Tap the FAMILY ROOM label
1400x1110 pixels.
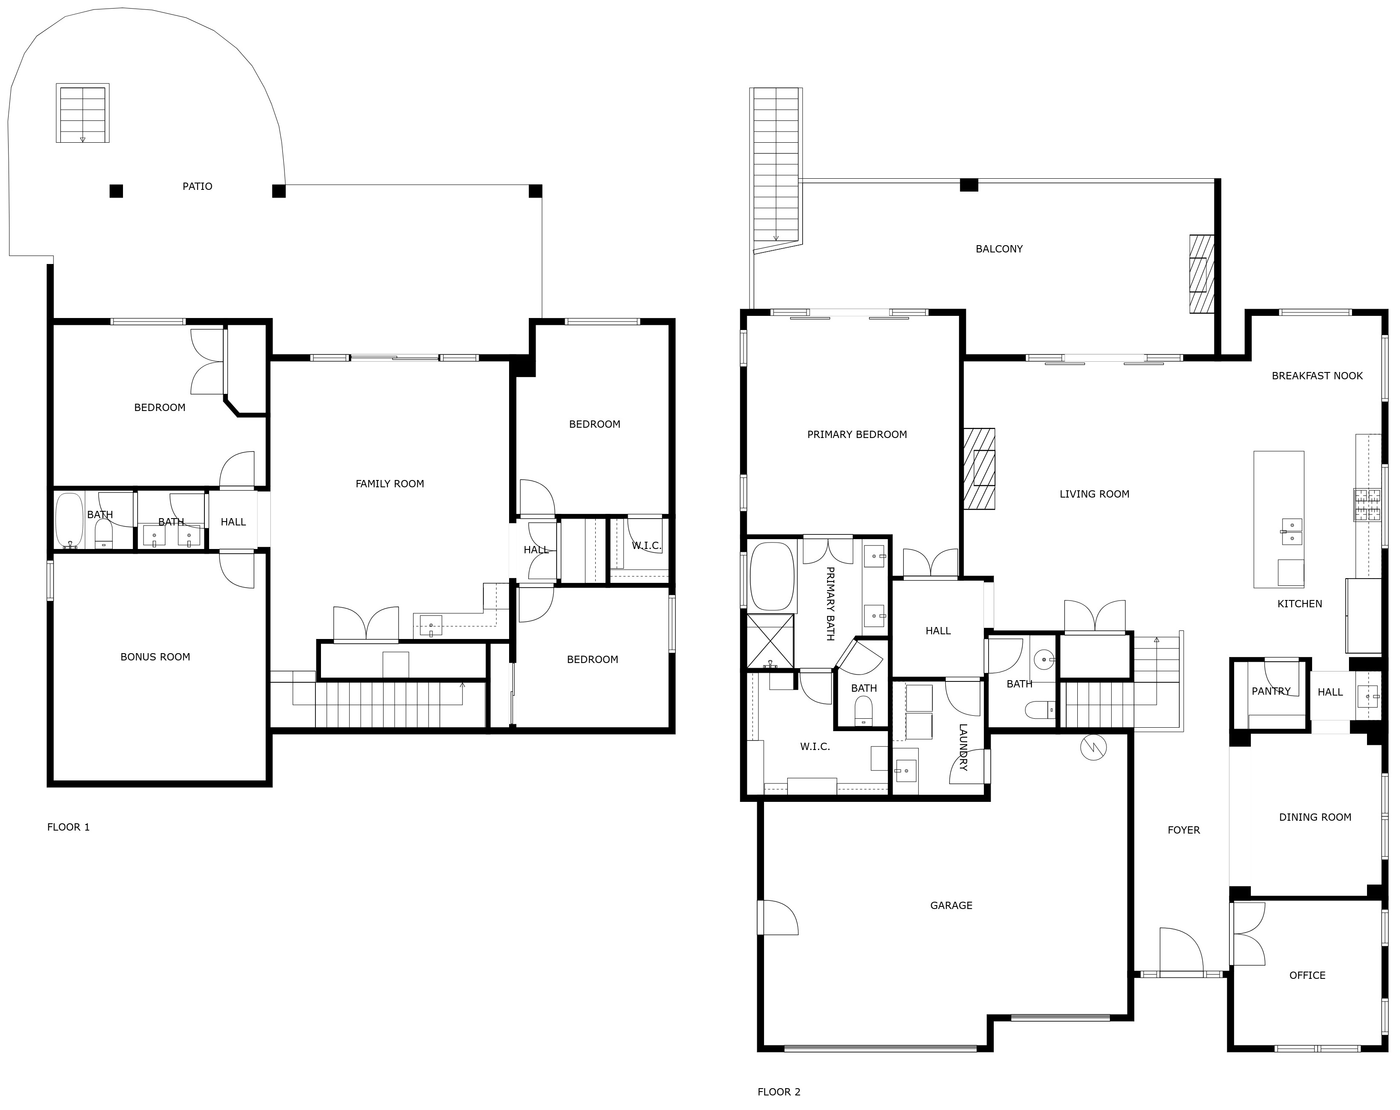click(390, 484)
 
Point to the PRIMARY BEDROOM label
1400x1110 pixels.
click(857, 435)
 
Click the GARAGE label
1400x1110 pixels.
click(950, 906)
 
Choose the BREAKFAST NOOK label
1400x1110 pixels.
click(1316, 376)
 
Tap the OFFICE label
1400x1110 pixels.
click(1307, 975)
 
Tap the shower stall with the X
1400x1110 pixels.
click(770, 642)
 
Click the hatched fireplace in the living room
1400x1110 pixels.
click(979, 469)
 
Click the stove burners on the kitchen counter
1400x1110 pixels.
click(1367, 505)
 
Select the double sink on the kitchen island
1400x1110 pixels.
click(1291, 531)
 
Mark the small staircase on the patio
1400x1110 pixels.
click(82, 113)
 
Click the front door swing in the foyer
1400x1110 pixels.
click(1181, 950)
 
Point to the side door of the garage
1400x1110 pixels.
click(777, 917)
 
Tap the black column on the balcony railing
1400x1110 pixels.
click(968, 185)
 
